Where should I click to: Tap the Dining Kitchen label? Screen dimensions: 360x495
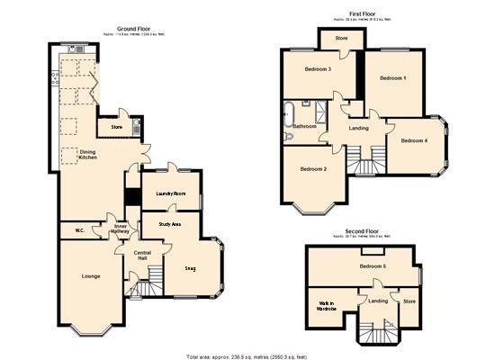[x=87, y=155]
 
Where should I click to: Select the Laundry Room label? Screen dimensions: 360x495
[x=170, y=193]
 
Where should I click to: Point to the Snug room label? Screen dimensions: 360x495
[x=190, y=268]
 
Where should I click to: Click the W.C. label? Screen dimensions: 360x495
[x=79, y=230]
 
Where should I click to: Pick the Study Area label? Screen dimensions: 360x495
[x=170, y=223]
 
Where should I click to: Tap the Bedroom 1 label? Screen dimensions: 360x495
[x=392, y=78]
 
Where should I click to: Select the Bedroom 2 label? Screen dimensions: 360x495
[x=312, y=169]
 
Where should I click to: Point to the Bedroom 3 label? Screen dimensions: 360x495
[x=318, y=69]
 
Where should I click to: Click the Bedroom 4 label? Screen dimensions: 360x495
[x=414, y=140]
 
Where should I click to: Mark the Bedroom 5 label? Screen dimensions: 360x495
[x=373, y=266]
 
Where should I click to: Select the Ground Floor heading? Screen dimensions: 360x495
[x=133, y=29]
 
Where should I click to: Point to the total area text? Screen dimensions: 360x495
[x=243, y=356]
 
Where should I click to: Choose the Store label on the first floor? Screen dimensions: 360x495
[x=341, y=39]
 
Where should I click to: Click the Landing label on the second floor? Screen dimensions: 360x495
[x=378, y=301]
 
